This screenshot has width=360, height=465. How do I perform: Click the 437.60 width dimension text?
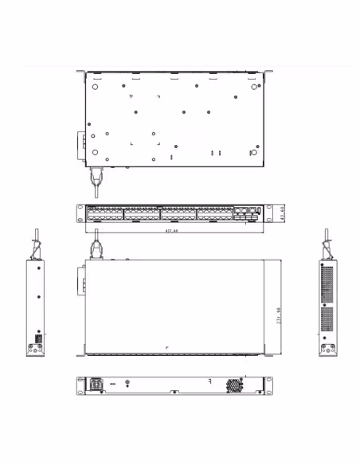[170, 231]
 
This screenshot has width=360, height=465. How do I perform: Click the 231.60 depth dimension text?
[278, 315]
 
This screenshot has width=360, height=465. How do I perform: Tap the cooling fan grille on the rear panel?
[237, 385]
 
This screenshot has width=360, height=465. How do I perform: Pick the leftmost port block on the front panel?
[105, 213]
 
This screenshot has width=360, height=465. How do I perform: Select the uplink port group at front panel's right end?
[247, 213]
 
